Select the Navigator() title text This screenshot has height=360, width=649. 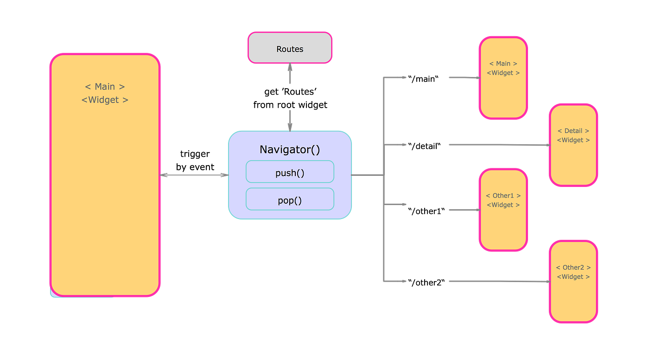pos(290,149)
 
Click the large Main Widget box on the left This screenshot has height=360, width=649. pos(105,186)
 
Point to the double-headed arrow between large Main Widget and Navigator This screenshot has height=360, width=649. pos(194,175)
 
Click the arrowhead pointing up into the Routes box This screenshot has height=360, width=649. pos(290,68)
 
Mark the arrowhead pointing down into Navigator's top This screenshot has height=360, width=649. pos(290,126)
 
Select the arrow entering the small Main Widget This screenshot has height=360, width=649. pos(464,77)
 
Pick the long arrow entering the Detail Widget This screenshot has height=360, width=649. pos(498,145)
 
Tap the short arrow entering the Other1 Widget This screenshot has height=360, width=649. pos(463,210)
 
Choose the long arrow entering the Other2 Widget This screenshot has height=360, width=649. pos(498,281)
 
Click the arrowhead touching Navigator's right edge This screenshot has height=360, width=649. pos(354,175)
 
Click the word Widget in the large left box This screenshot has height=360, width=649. pos(105,100)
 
